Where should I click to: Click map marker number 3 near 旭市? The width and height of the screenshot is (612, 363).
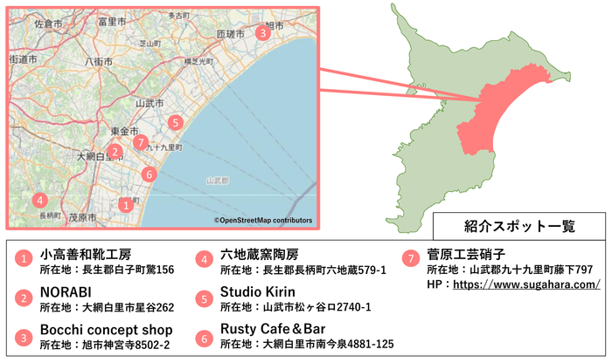[262, 32]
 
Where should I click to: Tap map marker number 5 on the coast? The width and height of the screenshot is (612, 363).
[176, 122]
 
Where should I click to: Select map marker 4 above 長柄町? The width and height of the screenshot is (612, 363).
[40, 199]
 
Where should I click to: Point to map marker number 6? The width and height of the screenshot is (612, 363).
[150, 174]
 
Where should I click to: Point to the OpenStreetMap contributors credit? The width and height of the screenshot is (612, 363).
[262, 221]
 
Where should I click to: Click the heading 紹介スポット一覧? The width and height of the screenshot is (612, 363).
[519, 225]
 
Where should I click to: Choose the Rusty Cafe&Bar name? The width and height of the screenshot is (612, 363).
[280, 329]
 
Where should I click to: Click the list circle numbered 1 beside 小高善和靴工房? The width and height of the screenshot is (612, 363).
[24, 258]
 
